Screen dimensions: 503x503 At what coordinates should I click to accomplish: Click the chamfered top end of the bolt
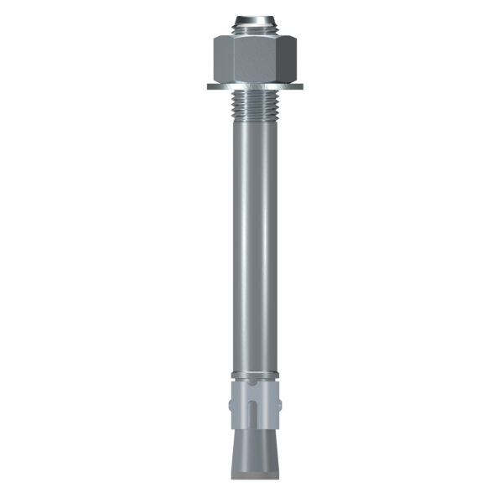[x=251, y=18]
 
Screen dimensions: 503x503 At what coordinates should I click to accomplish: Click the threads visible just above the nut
[x=251, y=29]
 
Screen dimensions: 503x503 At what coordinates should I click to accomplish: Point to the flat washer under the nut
[x=251, y=86]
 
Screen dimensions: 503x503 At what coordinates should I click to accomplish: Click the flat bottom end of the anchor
[x=251, y=479]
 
